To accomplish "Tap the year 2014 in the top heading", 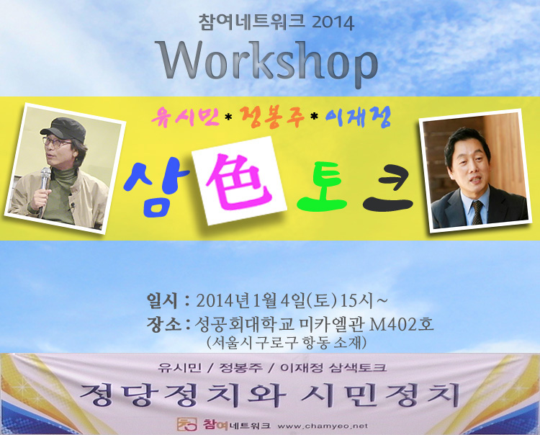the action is coord(333,23).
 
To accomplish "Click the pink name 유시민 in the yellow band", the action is coord(185,117).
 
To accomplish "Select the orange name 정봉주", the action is coord(273,117).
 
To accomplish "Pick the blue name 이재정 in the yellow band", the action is coord(358,118).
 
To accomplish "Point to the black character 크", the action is coord(389,189).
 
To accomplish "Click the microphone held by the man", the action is coord(44,186).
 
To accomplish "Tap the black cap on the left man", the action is coord(64,128).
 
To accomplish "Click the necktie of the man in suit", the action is coord(477,212).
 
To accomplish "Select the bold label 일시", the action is coord(162,300).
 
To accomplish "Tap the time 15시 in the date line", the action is coord(357,300).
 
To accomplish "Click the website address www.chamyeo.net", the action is coord(323,426).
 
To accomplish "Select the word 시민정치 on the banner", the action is coord(381,394).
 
